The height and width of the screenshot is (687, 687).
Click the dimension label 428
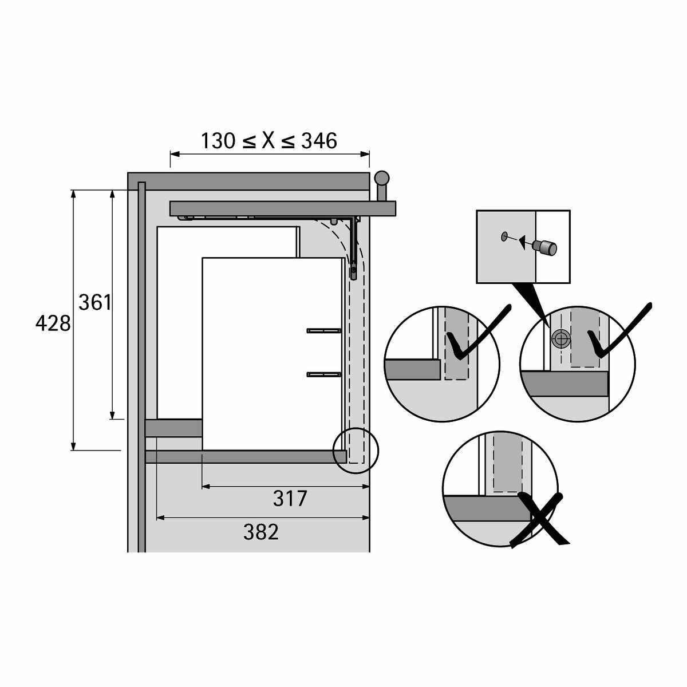53,324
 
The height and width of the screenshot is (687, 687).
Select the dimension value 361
95,302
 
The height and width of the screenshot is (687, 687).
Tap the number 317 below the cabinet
290,499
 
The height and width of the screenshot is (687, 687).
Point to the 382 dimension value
260,532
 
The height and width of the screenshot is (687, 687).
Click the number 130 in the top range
218,141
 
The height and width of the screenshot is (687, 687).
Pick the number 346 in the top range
319,141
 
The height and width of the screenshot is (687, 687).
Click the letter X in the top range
269,141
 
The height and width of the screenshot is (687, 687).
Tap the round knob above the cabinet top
381,178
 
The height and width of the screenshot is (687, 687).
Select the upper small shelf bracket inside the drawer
324,331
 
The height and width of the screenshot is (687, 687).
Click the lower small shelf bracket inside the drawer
324,374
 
